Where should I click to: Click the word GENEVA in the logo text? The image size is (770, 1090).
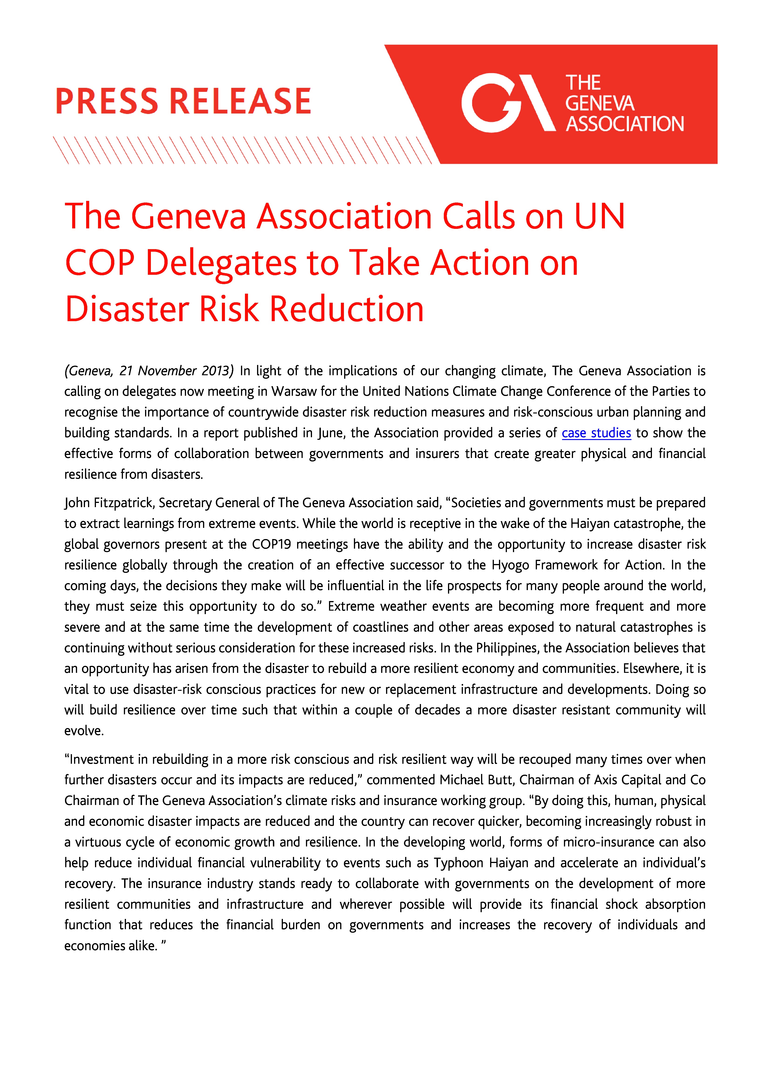coord(600,103)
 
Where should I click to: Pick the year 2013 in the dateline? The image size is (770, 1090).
coord(216,371)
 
